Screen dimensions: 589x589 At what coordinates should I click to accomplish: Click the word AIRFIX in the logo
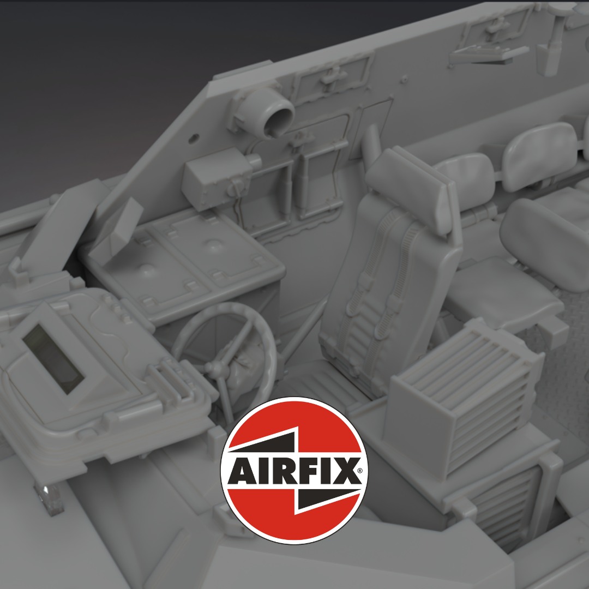pos(294,471)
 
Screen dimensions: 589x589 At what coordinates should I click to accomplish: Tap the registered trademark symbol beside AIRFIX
pos(360,471)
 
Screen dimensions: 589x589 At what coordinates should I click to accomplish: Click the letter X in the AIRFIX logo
pos(344,471)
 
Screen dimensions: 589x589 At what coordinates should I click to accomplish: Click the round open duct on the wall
pos(278,116)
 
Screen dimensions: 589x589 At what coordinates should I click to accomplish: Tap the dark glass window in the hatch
pos(52,359)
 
